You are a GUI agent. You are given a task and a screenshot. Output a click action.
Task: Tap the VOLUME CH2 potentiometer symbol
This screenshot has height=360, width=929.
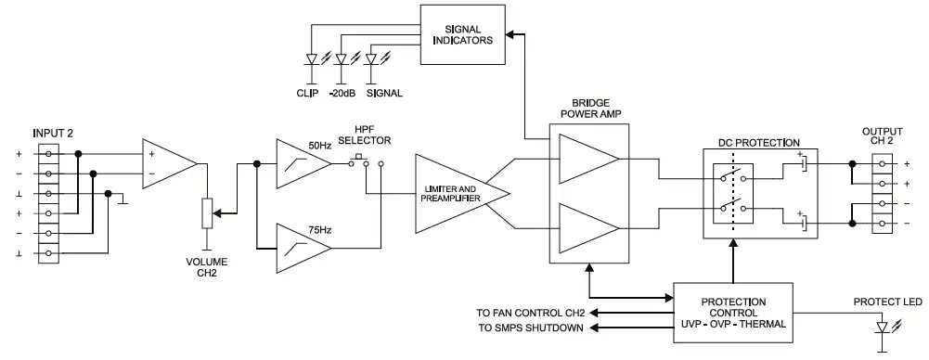pyautogui.click(x=206, y=214)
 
